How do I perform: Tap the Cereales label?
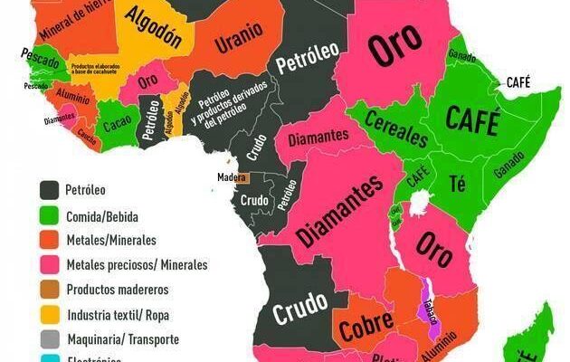pyautogui.click(x=395, y=133)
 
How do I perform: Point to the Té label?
pyautogui.click(x=458, y=184)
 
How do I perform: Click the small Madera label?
pyautogui.click(x=232, y=177)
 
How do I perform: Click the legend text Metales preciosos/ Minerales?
pyautogui.click(x=136, y=265)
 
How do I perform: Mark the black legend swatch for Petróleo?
pyautogui.click(x=49, y=191)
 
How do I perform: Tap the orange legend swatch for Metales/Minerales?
pyautogui.click(x=49, y=241)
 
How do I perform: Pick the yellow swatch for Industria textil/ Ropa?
pyautogui.click(x=49, y=315)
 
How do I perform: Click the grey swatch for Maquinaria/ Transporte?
pyautogui.click(x=49, y=339)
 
